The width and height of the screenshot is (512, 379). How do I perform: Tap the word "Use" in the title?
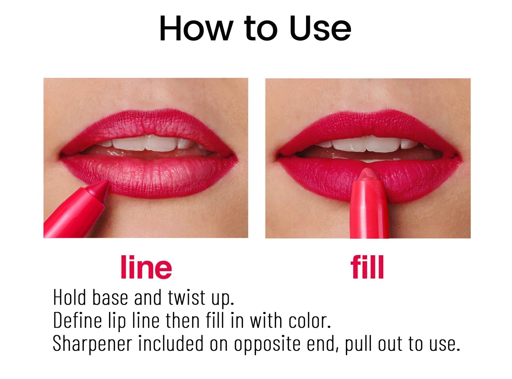click(x=320, y=29)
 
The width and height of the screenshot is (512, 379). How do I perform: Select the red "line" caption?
click(x=146, y=267)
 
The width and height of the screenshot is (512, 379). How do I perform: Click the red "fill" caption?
click(x=367, y=267)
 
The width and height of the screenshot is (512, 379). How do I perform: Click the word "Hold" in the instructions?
click(x=70, y=297)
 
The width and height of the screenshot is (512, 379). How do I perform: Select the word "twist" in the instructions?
click(x=187, y=297)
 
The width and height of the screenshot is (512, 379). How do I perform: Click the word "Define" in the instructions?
click(x=78, y=320)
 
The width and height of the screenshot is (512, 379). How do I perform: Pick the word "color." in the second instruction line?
click(x=310, y=320)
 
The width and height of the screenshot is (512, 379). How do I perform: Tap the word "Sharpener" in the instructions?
click(x=92, y=344)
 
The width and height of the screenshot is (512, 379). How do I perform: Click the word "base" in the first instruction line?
click(x=110, y=297)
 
